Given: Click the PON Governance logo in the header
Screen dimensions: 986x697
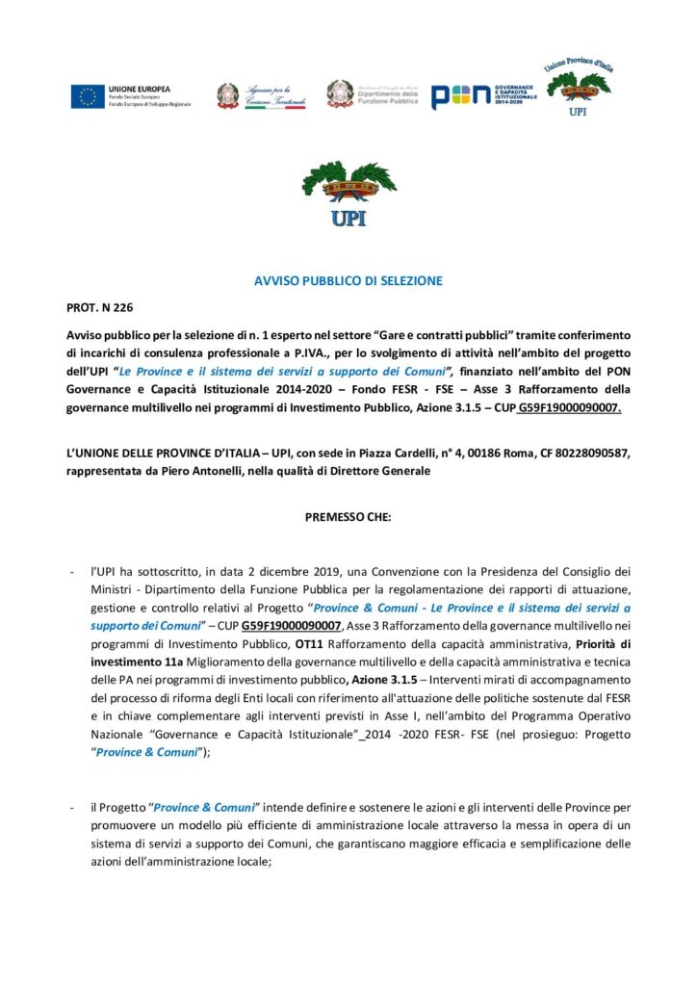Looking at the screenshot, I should pyautogui.click(x=484, y=95).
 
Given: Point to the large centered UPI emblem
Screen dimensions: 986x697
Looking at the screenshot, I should pyautogui.click(x=348, y=193).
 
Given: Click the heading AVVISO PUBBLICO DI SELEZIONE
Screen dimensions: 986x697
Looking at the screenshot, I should pyautogui.click(x=348, y=281).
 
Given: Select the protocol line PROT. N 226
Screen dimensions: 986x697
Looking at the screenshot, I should pyautogui.click(x=100, y=308).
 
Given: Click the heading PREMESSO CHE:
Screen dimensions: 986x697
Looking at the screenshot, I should pyautogui.click(x=348, y=516).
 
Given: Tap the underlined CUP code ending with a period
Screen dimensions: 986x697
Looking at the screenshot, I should pyautogui.click(x=569, y=408).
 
